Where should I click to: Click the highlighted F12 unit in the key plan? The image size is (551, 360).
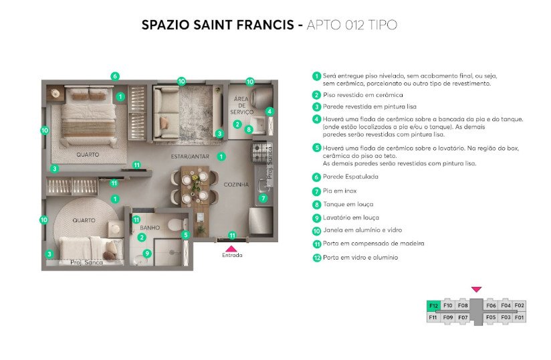433,306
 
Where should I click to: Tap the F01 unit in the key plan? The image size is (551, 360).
519,317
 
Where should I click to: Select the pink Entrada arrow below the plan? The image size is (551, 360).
231,248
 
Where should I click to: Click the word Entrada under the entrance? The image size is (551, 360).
232,255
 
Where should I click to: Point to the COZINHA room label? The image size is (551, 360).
236,184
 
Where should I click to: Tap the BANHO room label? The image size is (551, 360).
150,228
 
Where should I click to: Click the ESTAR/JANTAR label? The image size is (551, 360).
190,157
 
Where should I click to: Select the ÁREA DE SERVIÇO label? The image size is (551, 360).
241,106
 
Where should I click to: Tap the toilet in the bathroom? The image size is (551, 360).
178,224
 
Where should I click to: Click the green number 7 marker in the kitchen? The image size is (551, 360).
263,198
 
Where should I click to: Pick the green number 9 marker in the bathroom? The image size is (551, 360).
147,253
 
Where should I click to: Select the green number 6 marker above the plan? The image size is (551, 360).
114,76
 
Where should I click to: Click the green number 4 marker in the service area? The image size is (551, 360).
269,112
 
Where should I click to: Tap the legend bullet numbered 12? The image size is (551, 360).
316,258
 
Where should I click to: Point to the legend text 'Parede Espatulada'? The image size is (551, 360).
350,177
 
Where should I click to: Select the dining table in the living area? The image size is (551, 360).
195,189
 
